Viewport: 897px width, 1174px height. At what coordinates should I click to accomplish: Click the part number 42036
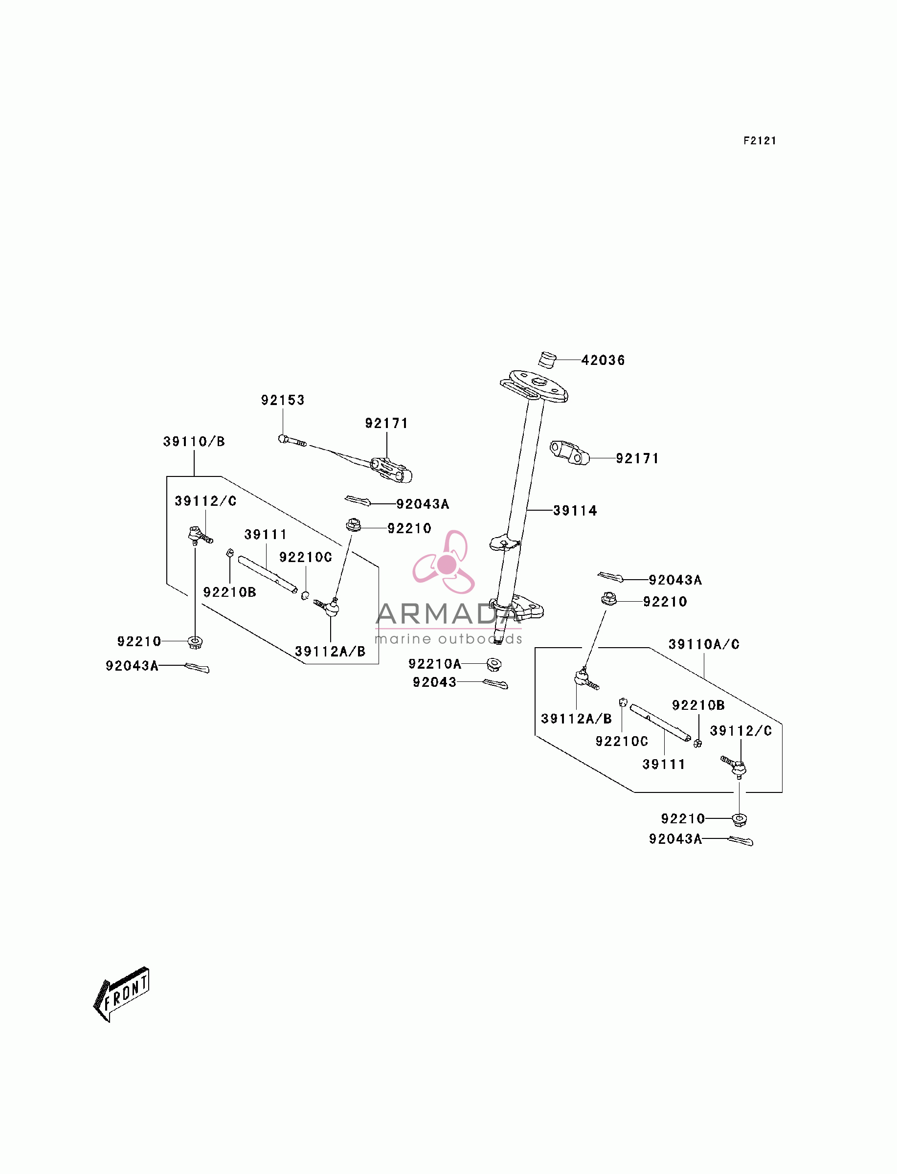pos(603,361)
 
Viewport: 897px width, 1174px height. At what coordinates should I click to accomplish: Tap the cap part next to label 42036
pos(547,360)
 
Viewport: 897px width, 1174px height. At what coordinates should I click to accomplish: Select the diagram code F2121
pos(760,141)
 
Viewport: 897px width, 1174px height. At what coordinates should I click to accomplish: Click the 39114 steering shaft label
pos(575,511)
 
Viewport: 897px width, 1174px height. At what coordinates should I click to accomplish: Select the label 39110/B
pos(194,442)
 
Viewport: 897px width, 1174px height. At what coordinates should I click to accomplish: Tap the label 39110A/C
pos(704,644)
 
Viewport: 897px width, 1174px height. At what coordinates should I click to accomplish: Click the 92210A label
pos(435,664)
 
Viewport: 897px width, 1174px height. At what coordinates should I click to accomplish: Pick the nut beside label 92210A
pos(494,664)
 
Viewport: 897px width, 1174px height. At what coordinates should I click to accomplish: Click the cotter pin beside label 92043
pos(495,684)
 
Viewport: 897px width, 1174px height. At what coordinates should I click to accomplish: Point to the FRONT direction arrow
pos(121,994)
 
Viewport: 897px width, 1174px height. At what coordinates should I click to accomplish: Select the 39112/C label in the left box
pos(205,501)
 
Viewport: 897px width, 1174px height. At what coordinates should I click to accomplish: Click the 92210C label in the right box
pos(622,742)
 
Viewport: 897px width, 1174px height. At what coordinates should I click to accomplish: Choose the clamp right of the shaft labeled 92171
pos(570,453)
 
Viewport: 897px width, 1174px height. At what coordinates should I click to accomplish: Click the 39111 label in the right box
pos(664,765)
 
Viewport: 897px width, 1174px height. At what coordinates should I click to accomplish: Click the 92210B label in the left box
pos(229,592)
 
